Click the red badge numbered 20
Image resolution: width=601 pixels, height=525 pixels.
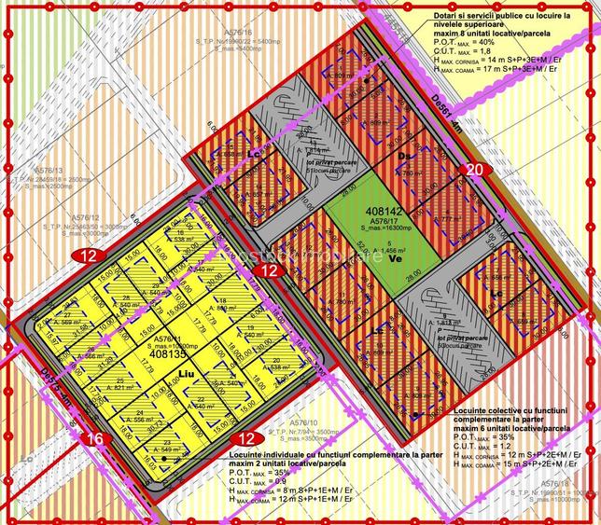tap(474, 170)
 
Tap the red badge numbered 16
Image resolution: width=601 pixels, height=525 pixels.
tap(94, 436)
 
